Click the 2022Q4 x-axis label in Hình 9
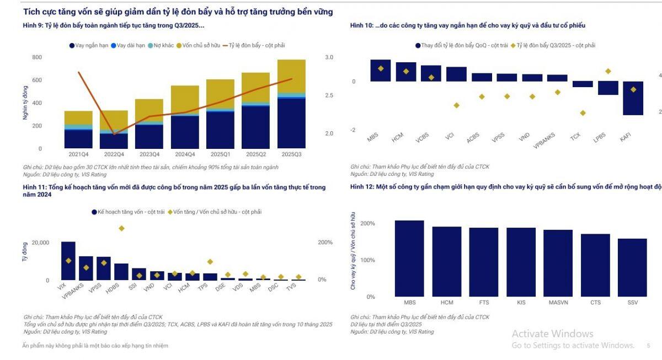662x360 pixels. [x=114, y=154]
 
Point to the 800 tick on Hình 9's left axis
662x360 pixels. [x=37, y=57]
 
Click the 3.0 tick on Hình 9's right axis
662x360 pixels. [x=329, y=57]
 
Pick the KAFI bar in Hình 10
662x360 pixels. [x=633, y=98]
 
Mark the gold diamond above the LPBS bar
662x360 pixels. [x=608, y=71]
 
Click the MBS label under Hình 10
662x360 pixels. [x=373, y=137]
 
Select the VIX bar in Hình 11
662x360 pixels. [x=68, y=261]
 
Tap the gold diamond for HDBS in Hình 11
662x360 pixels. [x=121, y=228]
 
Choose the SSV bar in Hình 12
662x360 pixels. [x=632, y=267]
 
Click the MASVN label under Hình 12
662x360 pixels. [x=558, y=303]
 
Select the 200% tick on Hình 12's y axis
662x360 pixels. [x=368, y=223]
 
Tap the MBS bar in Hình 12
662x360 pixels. [x=409, y=258]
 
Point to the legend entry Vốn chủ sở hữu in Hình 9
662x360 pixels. [x=199, y=46]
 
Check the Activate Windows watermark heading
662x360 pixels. [x=552, y=334]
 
